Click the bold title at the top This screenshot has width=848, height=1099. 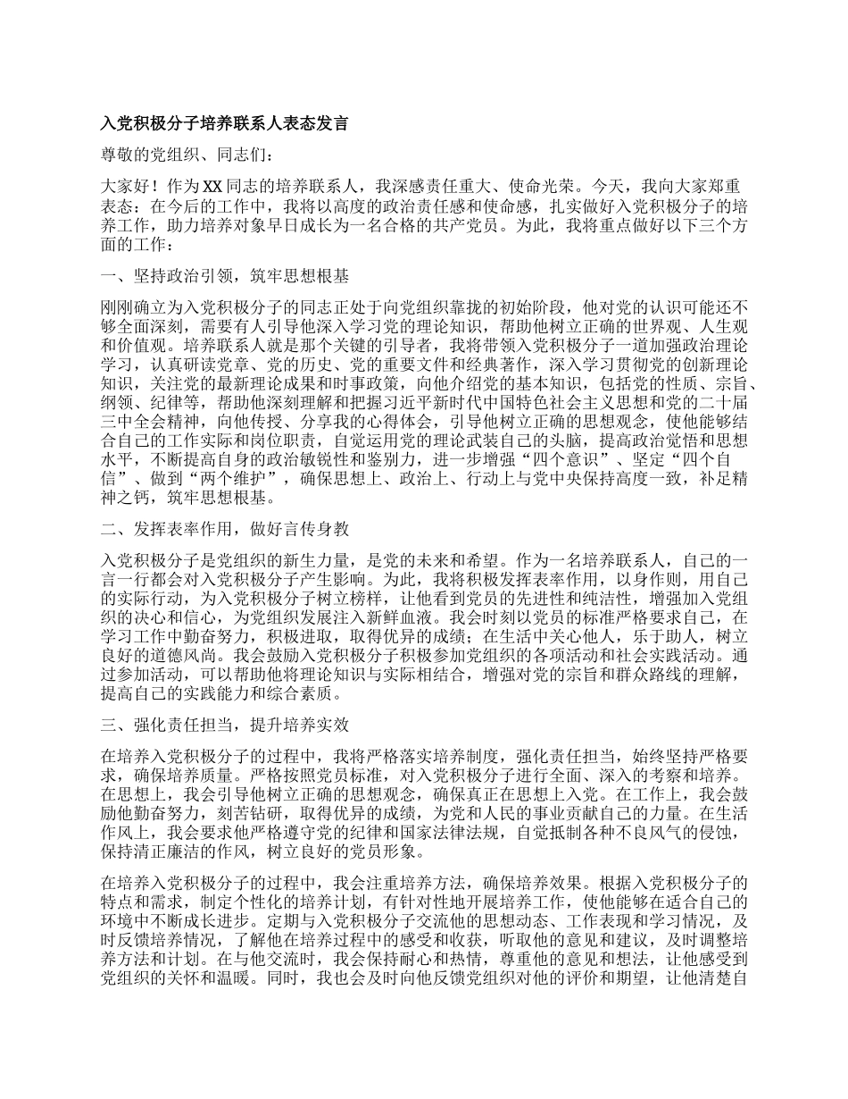[x=225, y=123]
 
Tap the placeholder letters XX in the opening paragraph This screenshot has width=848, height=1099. [x=212, y=187]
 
